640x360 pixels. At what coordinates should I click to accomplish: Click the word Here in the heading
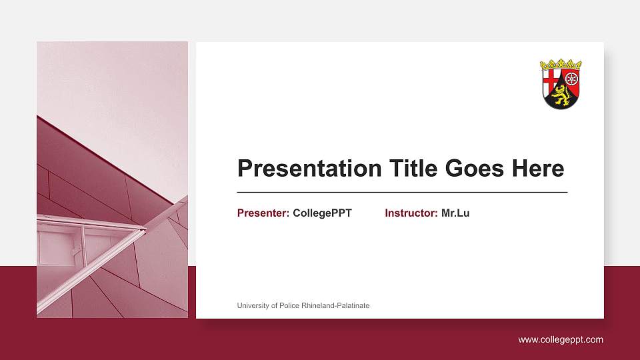pos(538,169)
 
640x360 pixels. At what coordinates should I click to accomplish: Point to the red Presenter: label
pos(263,213)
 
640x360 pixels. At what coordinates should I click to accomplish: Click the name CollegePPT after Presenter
pos(322,213)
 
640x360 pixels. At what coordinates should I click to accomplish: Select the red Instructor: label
pos(411,213)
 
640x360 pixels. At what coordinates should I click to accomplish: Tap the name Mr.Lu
pos(455,213)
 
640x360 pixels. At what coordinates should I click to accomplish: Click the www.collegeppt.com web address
pos(561,340)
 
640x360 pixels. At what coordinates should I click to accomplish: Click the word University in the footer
pos(254,305)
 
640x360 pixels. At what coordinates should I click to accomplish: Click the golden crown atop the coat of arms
pos(561,65)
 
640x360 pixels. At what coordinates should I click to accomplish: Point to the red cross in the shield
pos(551,80)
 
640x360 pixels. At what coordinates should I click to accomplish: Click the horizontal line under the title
pos(402,192)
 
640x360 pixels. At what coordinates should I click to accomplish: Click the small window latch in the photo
pos(75,251)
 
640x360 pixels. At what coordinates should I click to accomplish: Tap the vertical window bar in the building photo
pos(83,240)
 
